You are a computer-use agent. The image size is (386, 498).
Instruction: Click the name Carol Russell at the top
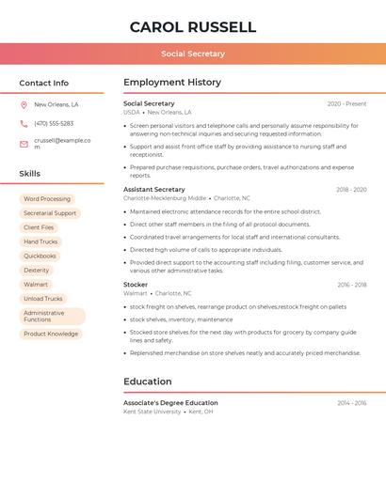click(x=193, y=26)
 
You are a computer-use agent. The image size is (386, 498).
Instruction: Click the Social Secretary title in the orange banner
click(x=193, y=54)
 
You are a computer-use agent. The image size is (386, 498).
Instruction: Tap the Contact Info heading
click(x=44, y=83)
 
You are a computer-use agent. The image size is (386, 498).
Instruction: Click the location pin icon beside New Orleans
click(x=24, y=105)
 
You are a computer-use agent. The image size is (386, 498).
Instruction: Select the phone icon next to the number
click(x=24, y=124)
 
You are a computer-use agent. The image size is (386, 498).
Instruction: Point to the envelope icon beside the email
click(x=24, y=144)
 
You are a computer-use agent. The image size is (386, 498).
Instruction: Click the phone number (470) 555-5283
click(x=54, y=124)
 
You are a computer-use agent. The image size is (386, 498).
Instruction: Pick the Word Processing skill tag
click(x=47, y=199)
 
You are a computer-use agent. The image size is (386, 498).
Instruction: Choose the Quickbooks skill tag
click(x=40, y=256)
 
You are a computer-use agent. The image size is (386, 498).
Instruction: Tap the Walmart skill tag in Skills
click(x=36, y=284)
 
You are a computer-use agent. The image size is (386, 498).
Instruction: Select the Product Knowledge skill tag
click(x=51, y=334)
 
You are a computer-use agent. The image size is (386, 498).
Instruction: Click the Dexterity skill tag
click(x=37, y=270)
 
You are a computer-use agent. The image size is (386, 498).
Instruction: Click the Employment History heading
click(x=172, y=83)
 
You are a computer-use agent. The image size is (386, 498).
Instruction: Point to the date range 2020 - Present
click(x=346, y=103)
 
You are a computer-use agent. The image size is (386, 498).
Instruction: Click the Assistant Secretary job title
click(x=154, y=190)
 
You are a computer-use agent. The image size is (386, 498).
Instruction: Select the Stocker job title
click(x=136, y=285)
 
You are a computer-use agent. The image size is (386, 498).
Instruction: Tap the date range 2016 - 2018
click(x=351, y=285)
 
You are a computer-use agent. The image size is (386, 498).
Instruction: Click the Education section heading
click(x=148, y=381)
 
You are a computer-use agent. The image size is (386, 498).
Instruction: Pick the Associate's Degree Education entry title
click(x=170, y=403)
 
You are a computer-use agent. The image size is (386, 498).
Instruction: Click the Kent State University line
click(x=153, y=412)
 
